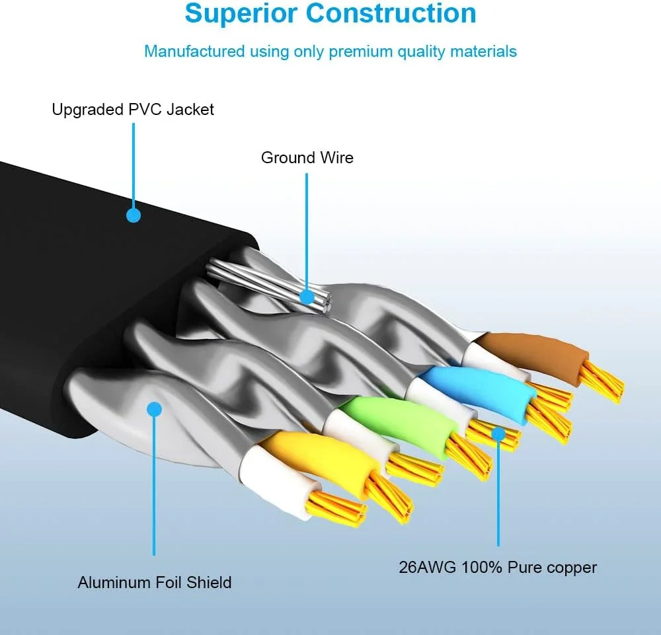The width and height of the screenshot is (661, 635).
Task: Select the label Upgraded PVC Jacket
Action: (x=133, y=109)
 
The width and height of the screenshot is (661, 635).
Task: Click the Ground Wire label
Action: (x=307, y=158)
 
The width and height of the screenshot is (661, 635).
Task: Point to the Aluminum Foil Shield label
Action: (x=155, y=582)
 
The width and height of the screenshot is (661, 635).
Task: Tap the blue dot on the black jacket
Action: (x=134, y=215)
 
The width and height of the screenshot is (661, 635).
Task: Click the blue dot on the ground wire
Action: (x=307, y=297)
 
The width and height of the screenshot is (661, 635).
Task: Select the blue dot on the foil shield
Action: (x=154, y=410)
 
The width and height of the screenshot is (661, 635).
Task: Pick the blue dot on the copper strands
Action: (x=498, y=433)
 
